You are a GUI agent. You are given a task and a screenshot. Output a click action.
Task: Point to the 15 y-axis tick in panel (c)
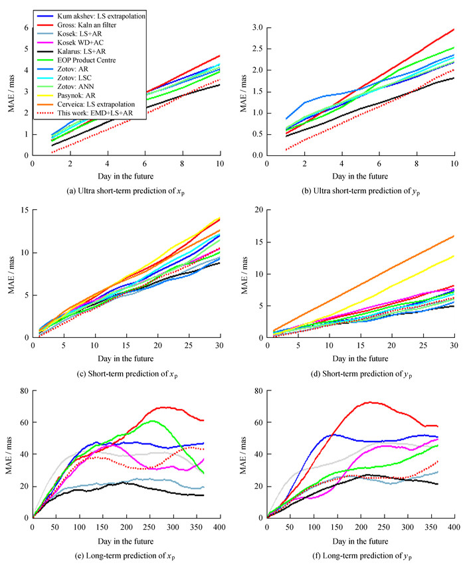pos(24,210)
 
